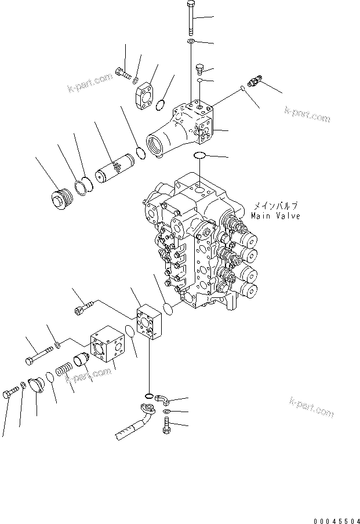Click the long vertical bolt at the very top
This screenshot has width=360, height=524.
(x=191, y=17)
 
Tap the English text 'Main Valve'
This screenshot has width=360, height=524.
(x=275, y=216)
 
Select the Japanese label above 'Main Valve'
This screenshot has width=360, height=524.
(x=275, y=206)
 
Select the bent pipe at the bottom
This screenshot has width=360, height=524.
(x=139, y=423)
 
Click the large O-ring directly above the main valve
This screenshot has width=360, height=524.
(x=199, y=155)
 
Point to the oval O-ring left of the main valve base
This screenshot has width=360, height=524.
(x=169, y=309)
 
